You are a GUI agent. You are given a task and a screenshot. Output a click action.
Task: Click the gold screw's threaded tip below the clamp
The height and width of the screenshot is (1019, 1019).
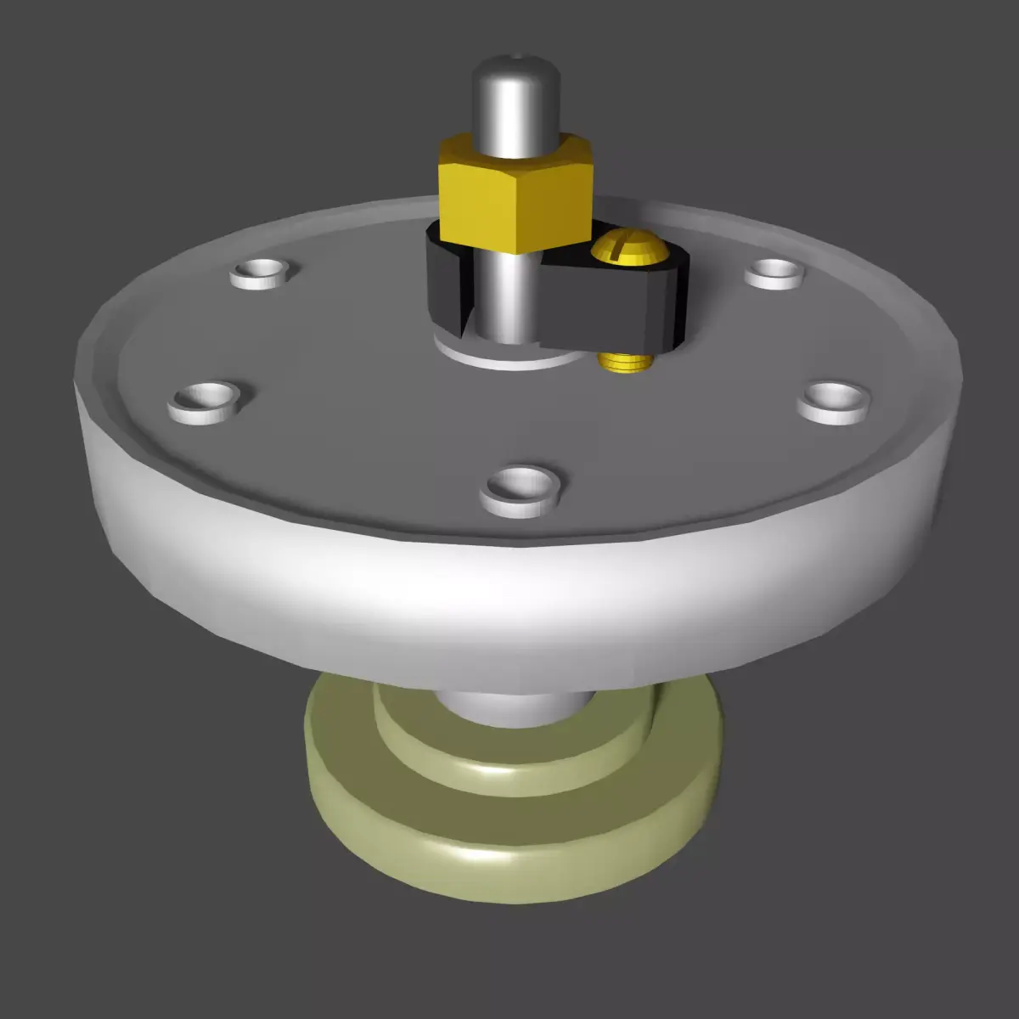point(625,363)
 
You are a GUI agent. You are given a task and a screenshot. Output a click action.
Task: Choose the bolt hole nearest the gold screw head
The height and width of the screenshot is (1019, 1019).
point(774,272)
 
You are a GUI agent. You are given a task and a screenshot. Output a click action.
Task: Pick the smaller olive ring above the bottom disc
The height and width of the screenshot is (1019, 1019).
point(509,756)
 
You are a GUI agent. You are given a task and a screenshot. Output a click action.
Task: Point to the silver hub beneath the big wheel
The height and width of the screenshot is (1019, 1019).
point(509,709)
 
